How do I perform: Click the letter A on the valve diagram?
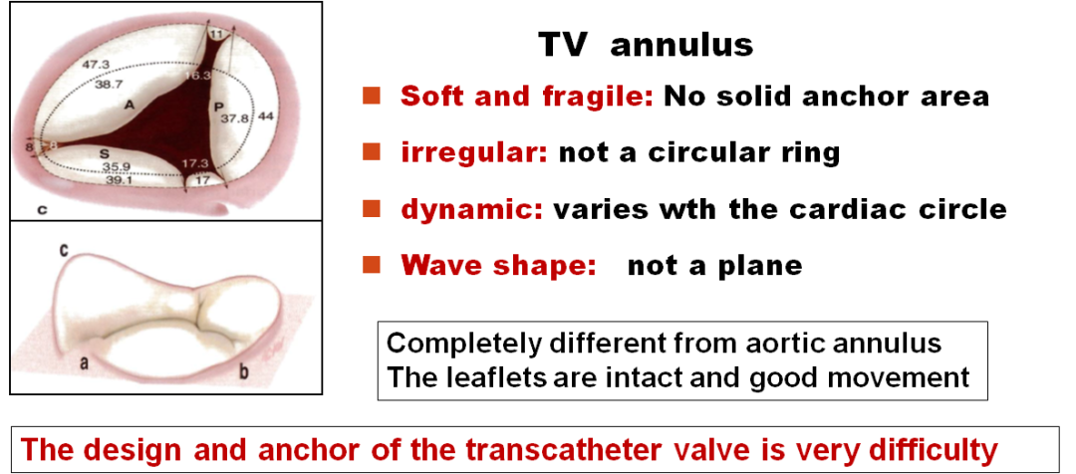click(129, 105)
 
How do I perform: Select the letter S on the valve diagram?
click(104, 152)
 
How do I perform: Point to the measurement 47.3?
click(97, 65)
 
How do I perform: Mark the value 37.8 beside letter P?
click(234, 118)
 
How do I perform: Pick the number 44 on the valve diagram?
click(266, 118)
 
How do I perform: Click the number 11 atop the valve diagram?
click(217, 33)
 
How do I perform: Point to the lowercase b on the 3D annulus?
click(243, 371)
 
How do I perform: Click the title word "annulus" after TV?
click(681, 45)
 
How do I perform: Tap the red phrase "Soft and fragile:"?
click(527, 97)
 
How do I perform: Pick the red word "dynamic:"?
click(472, 208)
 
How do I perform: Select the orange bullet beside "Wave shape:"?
click(372, 264)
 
